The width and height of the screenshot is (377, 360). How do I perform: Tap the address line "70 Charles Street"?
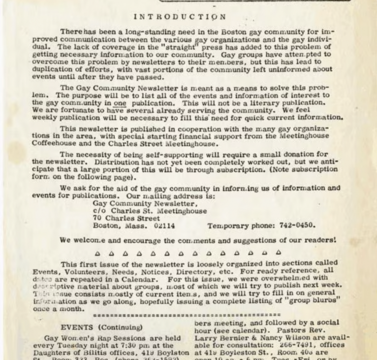126,218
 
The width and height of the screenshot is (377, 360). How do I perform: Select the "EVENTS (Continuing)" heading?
102,327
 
